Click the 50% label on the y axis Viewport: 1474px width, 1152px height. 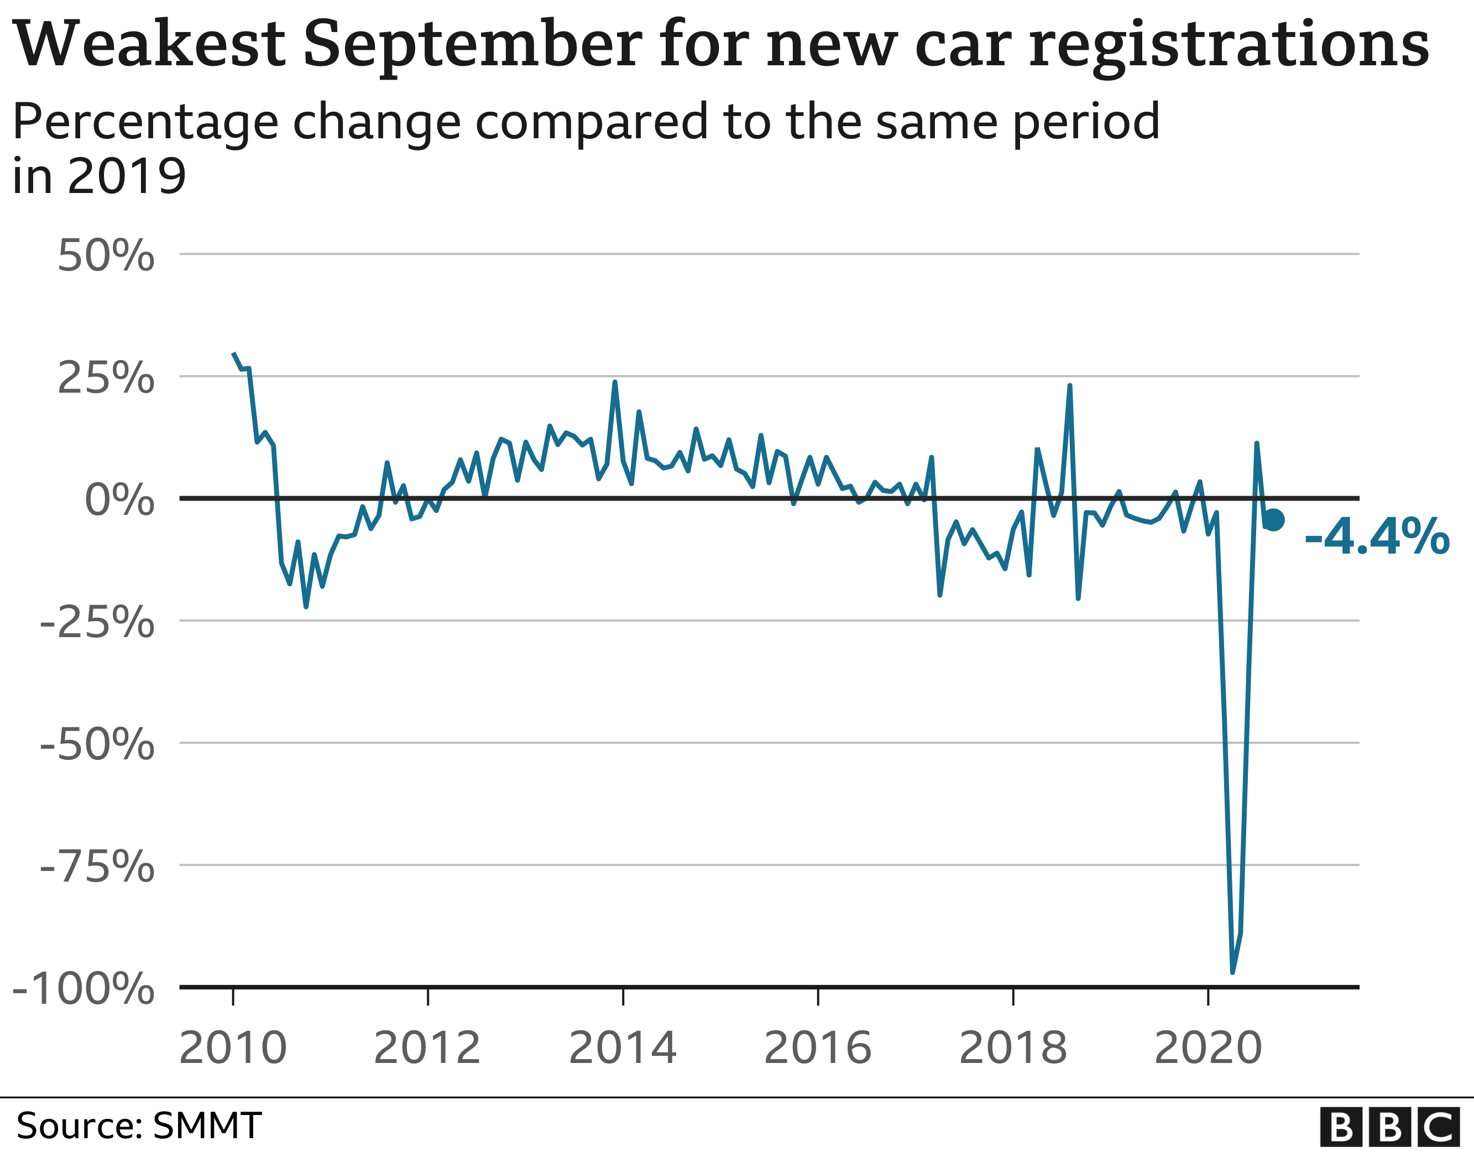point(106,257)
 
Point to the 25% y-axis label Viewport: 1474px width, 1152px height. point(106,379)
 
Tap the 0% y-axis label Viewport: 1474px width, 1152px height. point(119,501)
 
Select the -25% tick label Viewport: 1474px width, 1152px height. point(97,623)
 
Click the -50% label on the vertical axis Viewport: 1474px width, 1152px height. point(97,746)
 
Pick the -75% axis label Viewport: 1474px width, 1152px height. point(97,868)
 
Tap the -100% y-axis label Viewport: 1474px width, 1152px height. point(83,990)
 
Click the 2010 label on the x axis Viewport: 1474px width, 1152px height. point(233,1049)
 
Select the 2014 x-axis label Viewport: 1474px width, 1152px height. point(622,1049)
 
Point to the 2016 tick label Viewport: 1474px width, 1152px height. point(817,1049)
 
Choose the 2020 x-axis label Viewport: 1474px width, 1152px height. point(1208,1049)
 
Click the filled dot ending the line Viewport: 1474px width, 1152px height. point(1273,520)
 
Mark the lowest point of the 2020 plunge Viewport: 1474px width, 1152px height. point(1232,972)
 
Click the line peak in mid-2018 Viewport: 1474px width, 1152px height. point(1070,386)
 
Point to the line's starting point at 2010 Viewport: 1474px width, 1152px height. point(233,353)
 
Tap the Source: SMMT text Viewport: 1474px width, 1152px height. point(138,1125)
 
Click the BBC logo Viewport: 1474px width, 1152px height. point(1392,1127)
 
